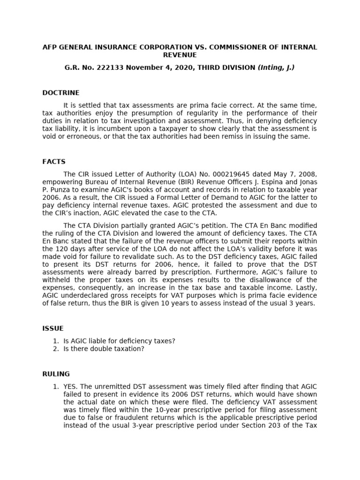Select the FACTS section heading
54,162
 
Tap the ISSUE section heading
53,329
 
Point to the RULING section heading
56,374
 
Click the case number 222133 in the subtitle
109,68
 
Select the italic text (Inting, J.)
276,68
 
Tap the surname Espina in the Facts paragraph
270,182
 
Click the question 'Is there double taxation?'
104,349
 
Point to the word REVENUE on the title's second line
180,55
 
